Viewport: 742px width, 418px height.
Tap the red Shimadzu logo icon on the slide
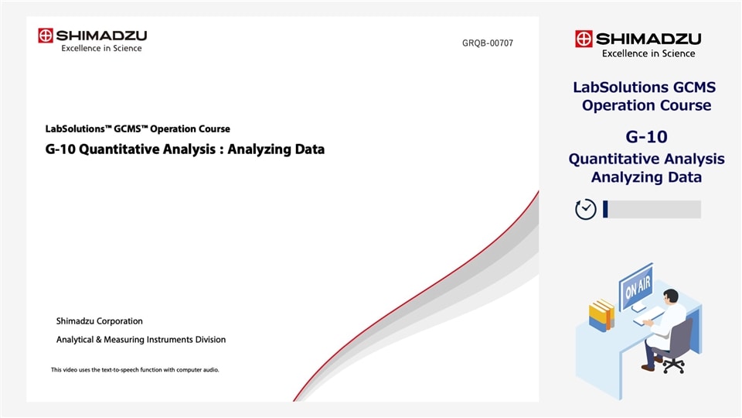click(46, 36)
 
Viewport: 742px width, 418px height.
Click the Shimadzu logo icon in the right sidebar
click(584, 39)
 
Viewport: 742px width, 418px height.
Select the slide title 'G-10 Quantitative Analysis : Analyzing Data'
click(185, 149)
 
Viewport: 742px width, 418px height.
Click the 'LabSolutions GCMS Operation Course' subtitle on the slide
click(138, 129)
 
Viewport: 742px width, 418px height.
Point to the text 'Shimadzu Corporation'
click(100, 321)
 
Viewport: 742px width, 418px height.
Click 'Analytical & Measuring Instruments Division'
click(141, 340)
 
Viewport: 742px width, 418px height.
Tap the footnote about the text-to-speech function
click(135, 370)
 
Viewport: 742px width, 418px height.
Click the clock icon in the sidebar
click(586, 209)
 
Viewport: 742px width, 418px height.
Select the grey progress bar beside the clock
click(653, 209)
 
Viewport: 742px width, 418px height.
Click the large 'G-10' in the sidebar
click(646, 138)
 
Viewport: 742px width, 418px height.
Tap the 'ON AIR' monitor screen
click(636, 285)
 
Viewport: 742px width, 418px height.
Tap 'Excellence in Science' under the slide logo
click(101, 49)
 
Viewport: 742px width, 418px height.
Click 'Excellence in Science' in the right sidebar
click(648, 53)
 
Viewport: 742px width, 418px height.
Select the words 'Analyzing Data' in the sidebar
click(646, 177)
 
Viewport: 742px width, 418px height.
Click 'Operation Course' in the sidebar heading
click(646, 105)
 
